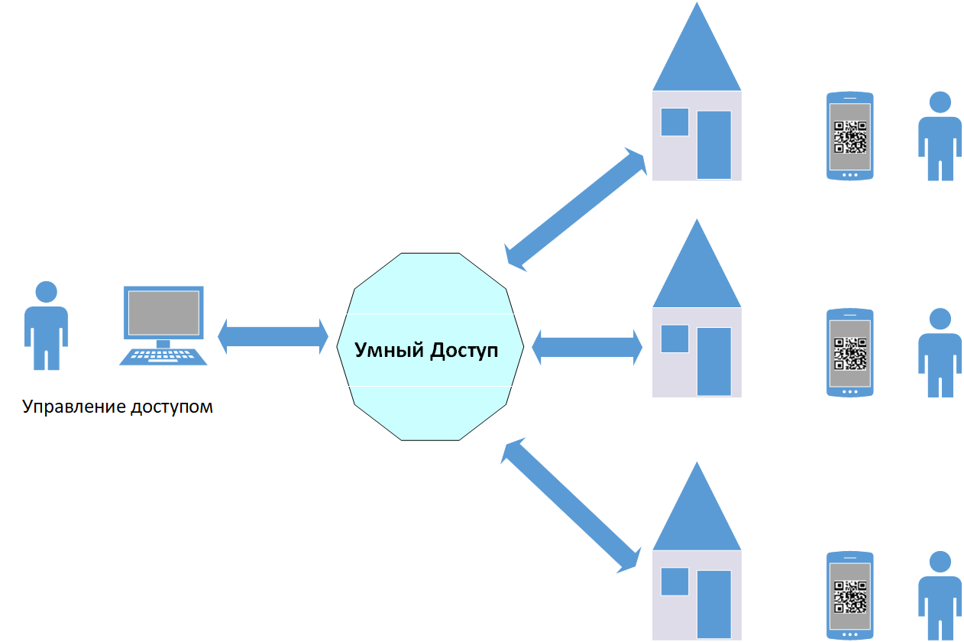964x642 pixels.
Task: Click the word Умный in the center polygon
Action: click(x=390, y=351)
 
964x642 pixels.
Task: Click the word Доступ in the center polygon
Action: click(x=464, y=351)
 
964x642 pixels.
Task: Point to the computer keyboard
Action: click(x=163, y=356)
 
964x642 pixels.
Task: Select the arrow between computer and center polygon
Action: click(x=273, y=337)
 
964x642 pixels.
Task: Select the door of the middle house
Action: click(x=714, y=361)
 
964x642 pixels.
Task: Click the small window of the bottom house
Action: click(x=674, y=582)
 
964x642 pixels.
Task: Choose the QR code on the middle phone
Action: click(x=849, y=353)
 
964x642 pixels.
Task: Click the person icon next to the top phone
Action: click(x=939, y=136)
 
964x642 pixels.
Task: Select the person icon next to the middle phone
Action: click(x=939, y=353)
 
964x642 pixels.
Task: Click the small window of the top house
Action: click(x=674, y=122)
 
